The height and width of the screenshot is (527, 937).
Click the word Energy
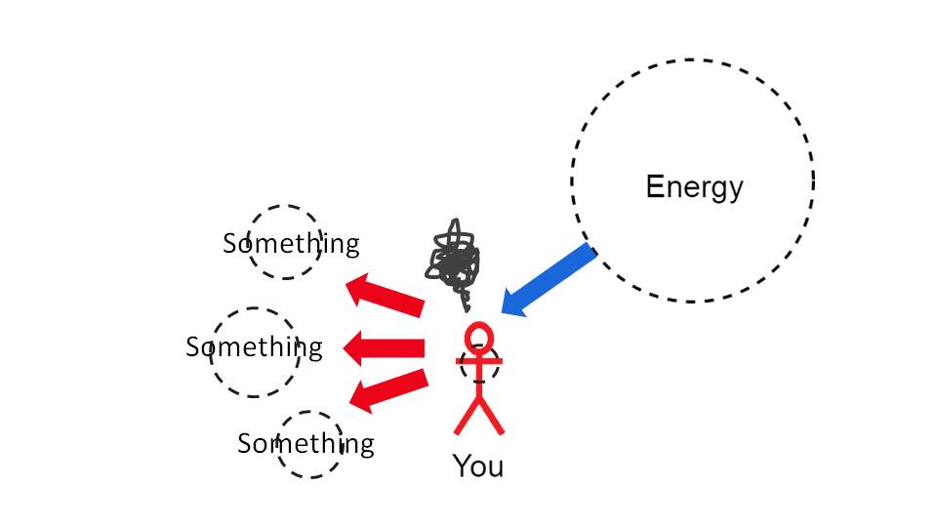(694, 188)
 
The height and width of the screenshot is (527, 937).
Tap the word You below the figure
(478, 466)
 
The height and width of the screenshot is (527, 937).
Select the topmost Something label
(291, 244)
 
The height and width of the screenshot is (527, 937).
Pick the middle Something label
(254, 347)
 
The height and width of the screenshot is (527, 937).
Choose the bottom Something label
(306, 444)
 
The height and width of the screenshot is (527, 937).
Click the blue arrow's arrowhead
(512, 303)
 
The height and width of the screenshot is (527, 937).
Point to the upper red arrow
(386, 294)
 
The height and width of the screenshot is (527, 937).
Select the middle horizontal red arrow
(384, 347)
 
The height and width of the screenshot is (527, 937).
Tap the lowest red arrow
(388, 390)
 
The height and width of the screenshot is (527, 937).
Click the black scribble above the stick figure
(454, 263)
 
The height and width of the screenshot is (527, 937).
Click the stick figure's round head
(478, 337)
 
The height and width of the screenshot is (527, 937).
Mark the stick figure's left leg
(467, 416)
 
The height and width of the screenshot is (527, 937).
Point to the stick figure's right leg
(491, 416)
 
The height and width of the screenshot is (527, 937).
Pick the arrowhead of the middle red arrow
(352, 347)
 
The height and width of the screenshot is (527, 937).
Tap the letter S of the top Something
(230, 244)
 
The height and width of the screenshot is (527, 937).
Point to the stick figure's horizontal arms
(478, 361)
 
